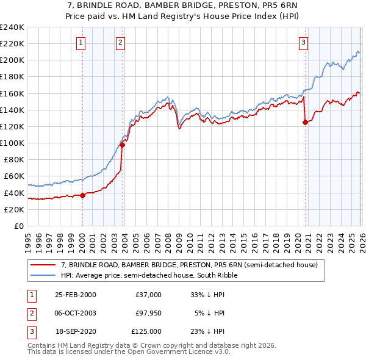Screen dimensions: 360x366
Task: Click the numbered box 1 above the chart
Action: coord(82,42)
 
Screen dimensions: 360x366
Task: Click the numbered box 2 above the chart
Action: coord(121,42)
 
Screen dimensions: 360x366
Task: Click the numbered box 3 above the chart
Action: coord(303,42)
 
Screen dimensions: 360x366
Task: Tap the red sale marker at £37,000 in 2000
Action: coord(82,195)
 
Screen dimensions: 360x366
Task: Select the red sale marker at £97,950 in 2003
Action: coord(123,145)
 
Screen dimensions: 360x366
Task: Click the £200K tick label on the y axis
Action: coord(12,60)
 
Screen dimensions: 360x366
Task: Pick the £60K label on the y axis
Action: coord(14,176)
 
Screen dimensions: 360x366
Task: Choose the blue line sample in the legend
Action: coord(44,275)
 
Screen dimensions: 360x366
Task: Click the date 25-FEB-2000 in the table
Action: coord(75,295)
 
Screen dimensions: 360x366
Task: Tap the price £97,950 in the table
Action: coord(147,313)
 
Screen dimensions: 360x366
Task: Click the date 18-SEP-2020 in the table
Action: coord(75,331)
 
